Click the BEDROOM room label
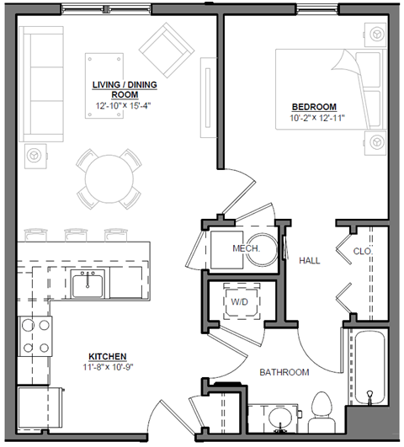(314, 106)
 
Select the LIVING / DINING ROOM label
(125, 90)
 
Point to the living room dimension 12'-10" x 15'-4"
(125, 107)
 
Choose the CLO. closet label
(363, 251)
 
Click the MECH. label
(245, 249)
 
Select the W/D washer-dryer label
(239, 301)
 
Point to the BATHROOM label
(284, 372)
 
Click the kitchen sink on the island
(87, 286)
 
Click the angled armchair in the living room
(167, 47)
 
